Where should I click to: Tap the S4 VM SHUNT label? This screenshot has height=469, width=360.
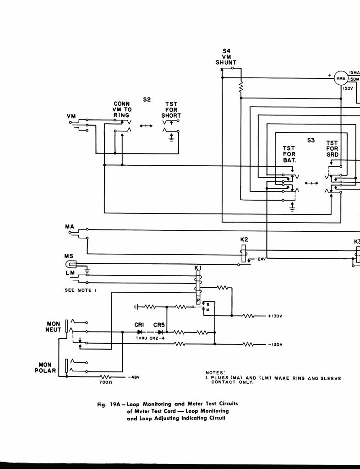[x=226, y=57]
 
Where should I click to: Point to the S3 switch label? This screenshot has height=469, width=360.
[x=311, y=140]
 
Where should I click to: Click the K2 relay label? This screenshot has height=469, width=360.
[x=244, y=240]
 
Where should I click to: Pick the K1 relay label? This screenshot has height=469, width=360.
[x=198, y=267]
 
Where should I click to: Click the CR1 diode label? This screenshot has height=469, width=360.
[x=140, y=325]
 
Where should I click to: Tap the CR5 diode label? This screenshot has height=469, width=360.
[x=159, y=325]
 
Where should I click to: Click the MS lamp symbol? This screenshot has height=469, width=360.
[x=72, y=264]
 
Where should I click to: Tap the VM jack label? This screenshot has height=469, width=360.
[x=71, y=117]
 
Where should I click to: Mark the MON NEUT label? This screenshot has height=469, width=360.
[x=53, y=327]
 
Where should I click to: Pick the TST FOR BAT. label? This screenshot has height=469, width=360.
[x=289, y=154]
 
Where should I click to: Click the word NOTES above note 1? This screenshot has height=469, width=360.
[x=215, y=373]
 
